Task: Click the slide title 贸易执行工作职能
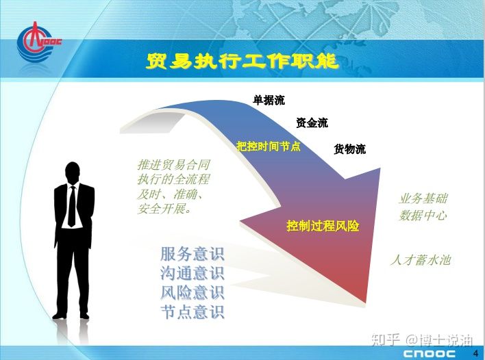coord(242,61)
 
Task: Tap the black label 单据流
coord(269,100)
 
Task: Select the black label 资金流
coord(312,123)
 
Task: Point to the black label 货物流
coord(350,149)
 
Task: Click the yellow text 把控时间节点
coord(269,146)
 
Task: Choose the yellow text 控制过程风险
coord(323,226)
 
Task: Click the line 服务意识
coord(192,254)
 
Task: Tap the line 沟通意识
coord(192,273)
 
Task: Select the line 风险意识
coord(192,292)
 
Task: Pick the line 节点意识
coord(192,311)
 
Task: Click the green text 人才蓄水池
coord(421,260)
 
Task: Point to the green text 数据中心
coord(423,216)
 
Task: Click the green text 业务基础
coord(423,198)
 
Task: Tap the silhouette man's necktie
coord(72,207)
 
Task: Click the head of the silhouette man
coord(73,172)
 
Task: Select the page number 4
coord(475,353)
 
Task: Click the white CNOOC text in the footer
coord(430,354)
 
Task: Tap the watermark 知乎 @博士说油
coord(422,339)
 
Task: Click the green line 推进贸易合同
coord(174,165)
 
